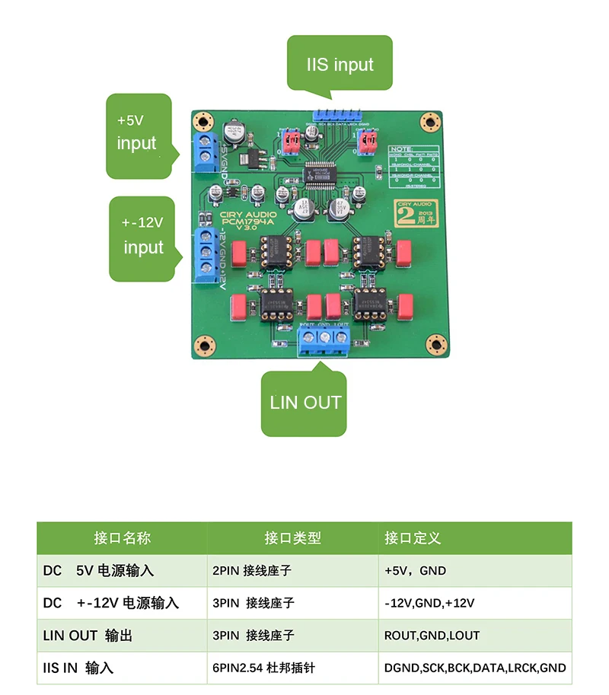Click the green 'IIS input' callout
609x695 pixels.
click(340, 63)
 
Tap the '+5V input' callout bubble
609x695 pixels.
click(137, 133)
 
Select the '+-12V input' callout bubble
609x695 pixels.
click(145, 236)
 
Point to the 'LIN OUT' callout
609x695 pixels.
click(305, 403)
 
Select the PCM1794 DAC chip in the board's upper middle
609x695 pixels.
click(321, 171)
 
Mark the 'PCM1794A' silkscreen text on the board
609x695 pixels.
click(247, 222)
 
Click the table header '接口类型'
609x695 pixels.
click(293, 538)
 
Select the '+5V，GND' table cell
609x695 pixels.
click(416, 570)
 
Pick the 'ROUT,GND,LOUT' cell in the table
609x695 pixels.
click(432, 636)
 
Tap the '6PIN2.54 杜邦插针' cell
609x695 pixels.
click(263, 668)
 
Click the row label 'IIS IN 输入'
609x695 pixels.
click(78, 668)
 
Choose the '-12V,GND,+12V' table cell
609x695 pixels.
click(429, 603)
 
